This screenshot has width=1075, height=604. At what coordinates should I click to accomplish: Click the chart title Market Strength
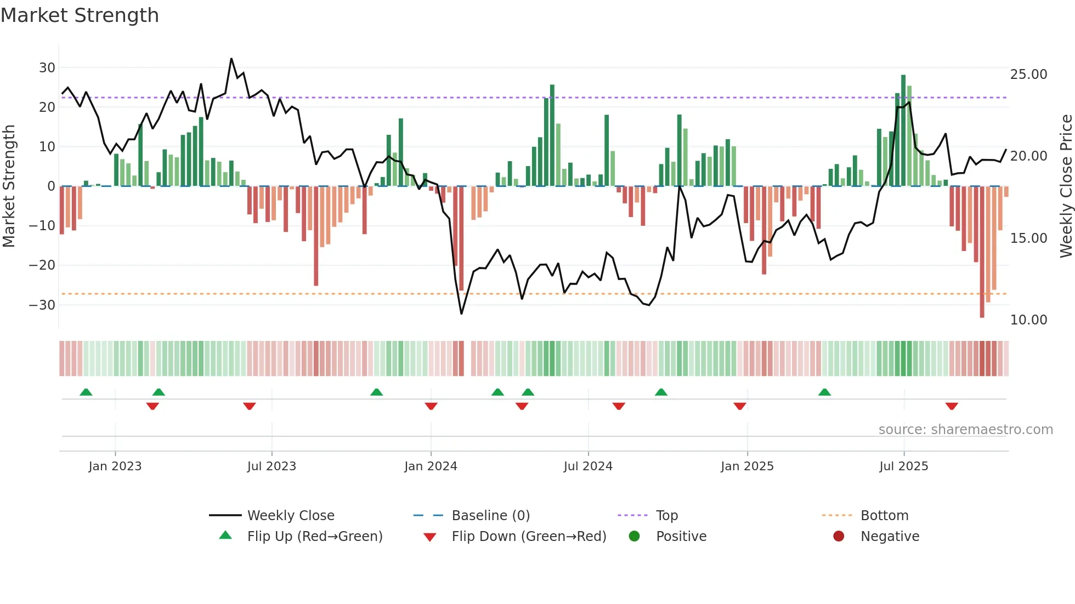point(80,15)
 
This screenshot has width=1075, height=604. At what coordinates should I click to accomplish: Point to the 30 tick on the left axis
point(47,68)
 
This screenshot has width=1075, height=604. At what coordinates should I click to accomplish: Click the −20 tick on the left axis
point(42,265)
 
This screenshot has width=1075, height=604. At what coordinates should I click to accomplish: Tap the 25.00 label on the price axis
point(1028,75)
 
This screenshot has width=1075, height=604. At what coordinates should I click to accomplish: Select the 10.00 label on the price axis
point(1028,320)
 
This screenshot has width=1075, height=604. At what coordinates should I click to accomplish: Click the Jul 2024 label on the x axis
point(588,466)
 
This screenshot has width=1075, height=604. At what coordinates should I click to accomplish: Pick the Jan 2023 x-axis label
point(115,466)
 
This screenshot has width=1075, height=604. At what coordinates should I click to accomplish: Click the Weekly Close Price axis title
point(1066,186)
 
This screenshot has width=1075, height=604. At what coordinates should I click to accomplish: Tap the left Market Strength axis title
point(9,186)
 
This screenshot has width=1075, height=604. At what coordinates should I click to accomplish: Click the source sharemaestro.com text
point(965,430)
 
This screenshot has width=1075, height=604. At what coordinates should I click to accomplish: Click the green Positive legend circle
point(635,537)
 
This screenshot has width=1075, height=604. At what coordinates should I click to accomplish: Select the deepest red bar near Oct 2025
point(982,252)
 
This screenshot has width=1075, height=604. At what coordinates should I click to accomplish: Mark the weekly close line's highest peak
point(231,59)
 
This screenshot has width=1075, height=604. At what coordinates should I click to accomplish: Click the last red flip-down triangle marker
point(952,406)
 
